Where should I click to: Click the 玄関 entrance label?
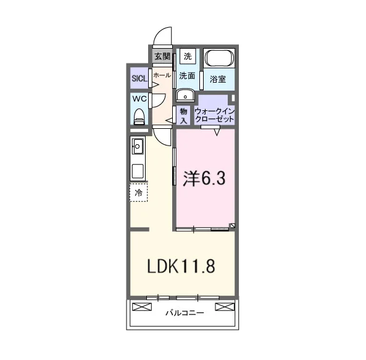pos(162,57)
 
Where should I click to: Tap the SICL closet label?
pos(139,78)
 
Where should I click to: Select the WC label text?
pos(139,99)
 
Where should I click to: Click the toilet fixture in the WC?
pos(139,117)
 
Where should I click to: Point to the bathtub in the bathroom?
pos(219,58)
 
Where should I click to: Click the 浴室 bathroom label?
pos(217,80)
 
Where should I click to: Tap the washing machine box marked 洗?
pos(188,56)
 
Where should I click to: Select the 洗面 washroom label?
pos(187,76)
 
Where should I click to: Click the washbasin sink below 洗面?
pos(185,96)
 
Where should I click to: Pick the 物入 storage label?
pos(183,116)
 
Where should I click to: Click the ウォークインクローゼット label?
pos(215,115)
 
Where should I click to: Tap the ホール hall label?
pos(162,75)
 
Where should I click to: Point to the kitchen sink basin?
pos(138,147)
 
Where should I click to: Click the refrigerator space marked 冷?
pos(139,192)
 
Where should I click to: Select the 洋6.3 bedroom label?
pos(204,179)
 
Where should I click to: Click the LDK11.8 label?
pos(181,266)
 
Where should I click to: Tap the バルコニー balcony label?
pos(185,313)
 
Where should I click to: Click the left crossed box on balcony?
pos(142,306)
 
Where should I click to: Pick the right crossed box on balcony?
pos(225,306)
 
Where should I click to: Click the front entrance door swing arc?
pos(159,32)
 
